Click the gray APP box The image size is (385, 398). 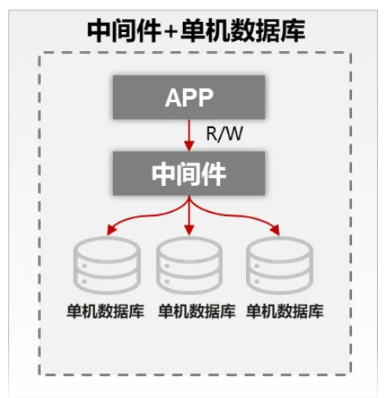point(189,97)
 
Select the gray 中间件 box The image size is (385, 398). point(189,173)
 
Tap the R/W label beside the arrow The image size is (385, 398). point(225,133)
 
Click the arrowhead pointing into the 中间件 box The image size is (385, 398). point(189,146)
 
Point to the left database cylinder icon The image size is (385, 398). point(107,265)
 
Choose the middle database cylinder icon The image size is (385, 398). point(189,265)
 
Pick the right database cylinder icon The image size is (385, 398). point(280,265)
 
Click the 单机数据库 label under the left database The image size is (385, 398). point(105,312)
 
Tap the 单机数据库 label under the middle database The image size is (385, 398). point(196,312)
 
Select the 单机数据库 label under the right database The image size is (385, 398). point(285,312)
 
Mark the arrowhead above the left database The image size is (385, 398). point(111,230)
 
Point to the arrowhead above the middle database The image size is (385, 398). point(189,230)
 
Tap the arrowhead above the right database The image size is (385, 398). point(276,230)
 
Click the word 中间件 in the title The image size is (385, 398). point(123,31)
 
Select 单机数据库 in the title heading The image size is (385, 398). point(243,31)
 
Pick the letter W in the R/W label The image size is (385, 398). point(233,133)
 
